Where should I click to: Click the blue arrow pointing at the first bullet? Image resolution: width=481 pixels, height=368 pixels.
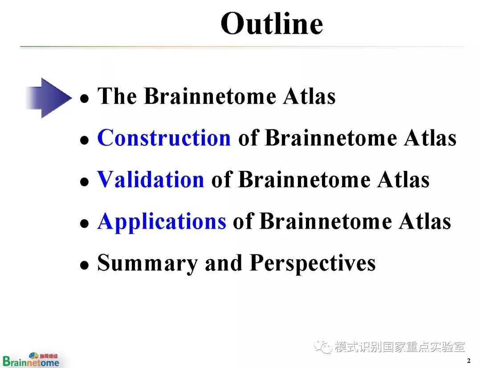point(49,98)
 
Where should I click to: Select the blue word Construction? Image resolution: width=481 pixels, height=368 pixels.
point(164,137)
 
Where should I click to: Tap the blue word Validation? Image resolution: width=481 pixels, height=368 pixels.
point(151,179)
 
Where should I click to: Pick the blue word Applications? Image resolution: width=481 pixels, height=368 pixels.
point(162,222)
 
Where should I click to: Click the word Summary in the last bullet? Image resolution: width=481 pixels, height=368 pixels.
point(147,263)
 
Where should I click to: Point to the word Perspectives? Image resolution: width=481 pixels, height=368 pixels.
point(313,263)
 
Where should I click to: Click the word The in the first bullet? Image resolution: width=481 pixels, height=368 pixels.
point(117,96)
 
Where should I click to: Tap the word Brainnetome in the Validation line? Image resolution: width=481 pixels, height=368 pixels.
point(304,179)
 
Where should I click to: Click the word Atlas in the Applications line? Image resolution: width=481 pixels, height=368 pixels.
point(425,221)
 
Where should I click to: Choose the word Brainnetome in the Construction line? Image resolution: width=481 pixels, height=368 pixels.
point(331,137)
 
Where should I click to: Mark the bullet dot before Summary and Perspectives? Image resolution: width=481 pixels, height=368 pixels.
point(84,265)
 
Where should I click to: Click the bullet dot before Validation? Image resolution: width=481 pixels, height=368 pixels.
point(84,182)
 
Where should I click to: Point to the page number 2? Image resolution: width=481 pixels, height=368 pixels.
point(469,360)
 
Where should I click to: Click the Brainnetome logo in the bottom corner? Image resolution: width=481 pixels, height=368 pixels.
point(31,360)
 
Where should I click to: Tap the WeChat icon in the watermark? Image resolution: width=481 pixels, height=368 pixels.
point(323,347)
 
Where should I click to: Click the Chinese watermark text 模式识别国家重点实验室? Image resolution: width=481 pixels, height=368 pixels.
point(400,347)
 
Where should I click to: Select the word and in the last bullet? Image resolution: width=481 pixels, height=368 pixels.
point(224,263)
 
